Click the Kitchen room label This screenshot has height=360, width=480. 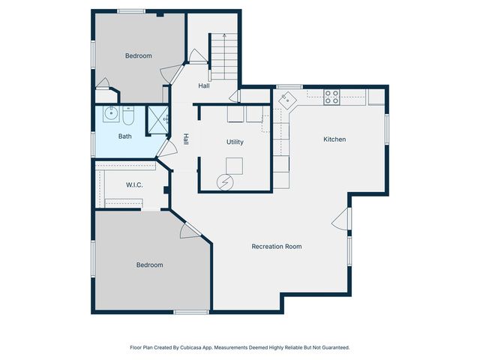(x=334, y=139)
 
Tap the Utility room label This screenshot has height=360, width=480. (x=235, y=142)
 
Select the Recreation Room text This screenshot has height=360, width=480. (x=277, y=246)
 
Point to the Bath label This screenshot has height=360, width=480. (x=124, y=136)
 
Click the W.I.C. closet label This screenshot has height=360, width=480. (x=134, y=184)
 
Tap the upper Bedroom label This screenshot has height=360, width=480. (x=138, y=55)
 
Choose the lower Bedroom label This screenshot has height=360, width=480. (x=149, y=265)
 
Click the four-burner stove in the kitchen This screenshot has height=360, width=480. (x=331, y=96)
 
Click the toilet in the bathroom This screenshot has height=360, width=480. (x=128, y=117)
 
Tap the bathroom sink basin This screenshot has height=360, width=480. (x=110, y=115)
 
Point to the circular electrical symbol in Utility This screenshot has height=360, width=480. (x=223, y=181)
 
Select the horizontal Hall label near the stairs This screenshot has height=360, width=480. (x=204, y=86)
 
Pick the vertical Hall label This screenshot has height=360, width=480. (x=186, y=139)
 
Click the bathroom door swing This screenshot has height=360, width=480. (x=164, y=150)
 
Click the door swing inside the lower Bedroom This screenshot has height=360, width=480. (x=187, y=232)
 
